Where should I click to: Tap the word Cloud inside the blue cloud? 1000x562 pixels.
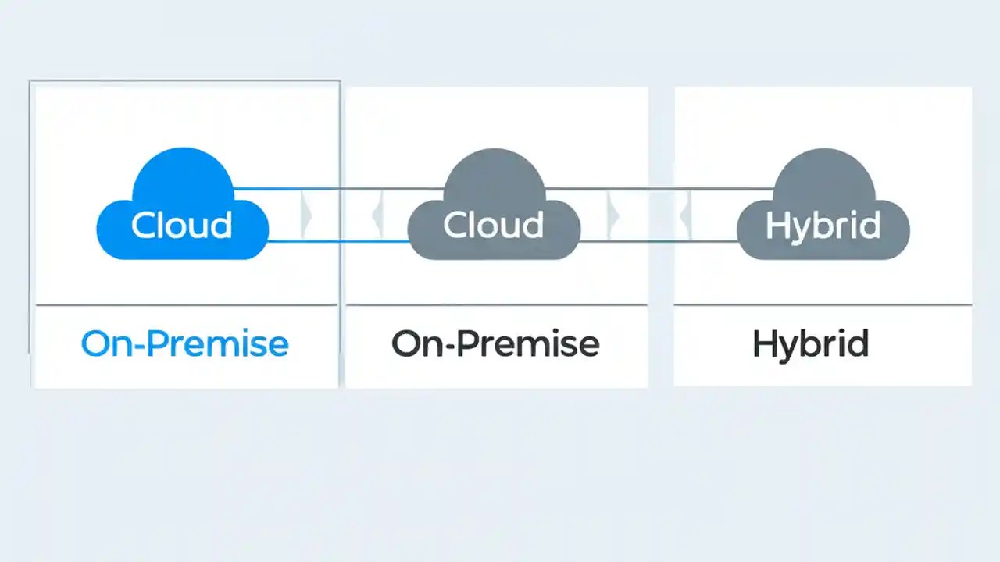pyautogui.click(x=182, y=225)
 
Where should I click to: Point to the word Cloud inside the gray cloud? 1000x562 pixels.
pyautogui.click(x=494, y=225)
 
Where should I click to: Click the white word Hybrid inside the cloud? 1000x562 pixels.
pyautogui.click(x=823, y=226)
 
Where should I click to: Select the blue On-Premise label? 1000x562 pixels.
pyautogui.click(x=185, y=343)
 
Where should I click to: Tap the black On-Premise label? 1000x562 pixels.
pyautogui.click(x=495, y=343)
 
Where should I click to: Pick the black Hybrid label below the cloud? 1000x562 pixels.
pyautogui.click(x=811, y=344)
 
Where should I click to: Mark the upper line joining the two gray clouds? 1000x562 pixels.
pyautogui.click(x=656, y=189)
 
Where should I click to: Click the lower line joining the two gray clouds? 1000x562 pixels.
pyautogui.click(x=656, y=241)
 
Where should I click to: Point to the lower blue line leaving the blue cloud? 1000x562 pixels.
pyautogui.click(x=336, y=241)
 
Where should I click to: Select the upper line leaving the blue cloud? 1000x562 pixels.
pyautogui.click(x=336, y=189)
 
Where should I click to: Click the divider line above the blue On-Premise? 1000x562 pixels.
pyautogui.click(x=186, y=304)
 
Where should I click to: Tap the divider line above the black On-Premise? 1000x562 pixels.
pyautogui.click(x=496, y=304)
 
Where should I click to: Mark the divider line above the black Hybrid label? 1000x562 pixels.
pyautogui.click(x=823, y=305)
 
